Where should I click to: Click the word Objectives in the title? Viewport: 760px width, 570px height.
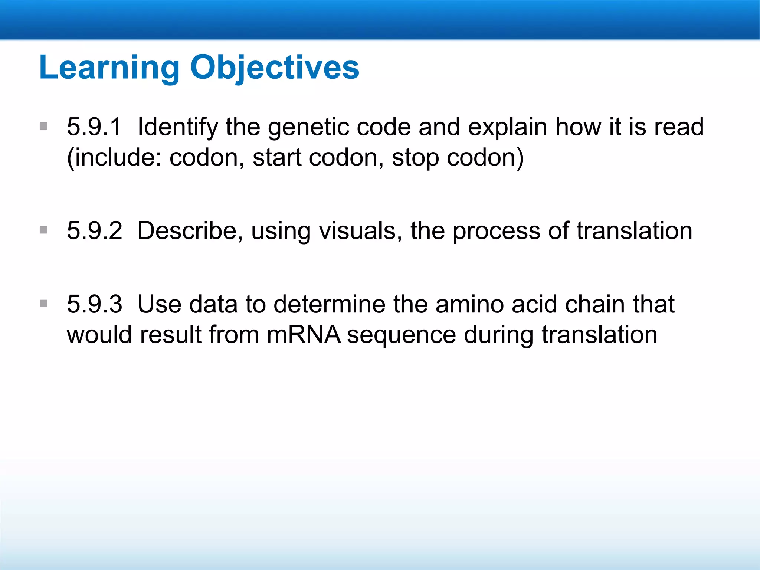point(275,68)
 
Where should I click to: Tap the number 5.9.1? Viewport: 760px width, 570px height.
point(94,127)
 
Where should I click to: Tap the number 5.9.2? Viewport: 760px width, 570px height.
point(94,231)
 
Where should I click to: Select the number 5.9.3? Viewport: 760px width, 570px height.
point(94,304)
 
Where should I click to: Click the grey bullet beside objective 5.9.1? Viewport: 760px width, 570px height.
point(44,127)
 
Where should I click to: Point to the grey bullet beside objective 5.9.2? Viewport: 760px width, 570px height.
point(44,230)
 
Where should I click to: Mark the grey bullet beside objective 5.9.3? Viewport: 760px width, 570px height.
point(44,304)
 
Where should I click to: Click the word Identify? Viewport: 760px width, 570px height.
point(178,127)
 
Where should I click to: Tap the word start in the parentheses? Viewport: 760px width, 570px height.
point(277,157)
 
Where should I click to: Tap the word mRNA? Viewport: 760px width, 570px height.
point(303,335)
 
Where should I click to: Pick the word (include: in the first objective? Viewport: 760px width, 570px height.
point(114,157)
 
